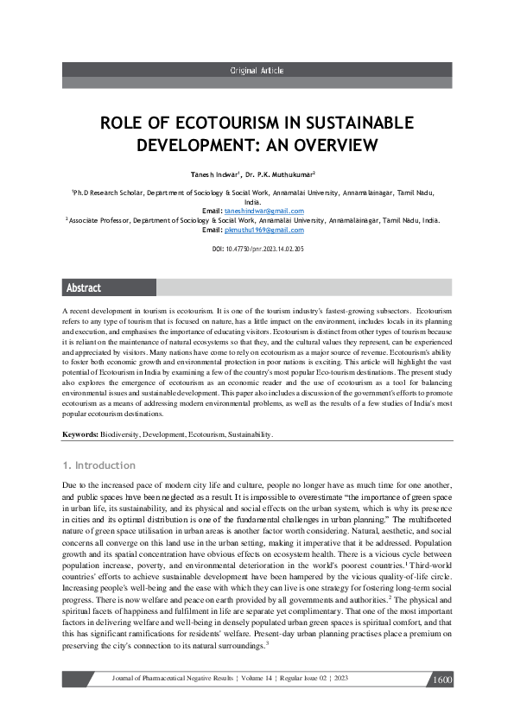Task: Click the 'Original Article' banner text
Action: (257, 70)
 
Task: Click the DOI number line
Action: (257, 249)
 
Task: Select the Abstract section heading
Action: (84, 288)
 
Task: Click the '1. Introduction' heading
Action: (99, 465)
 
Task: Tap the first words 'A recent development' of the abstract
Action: (97, 309)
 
